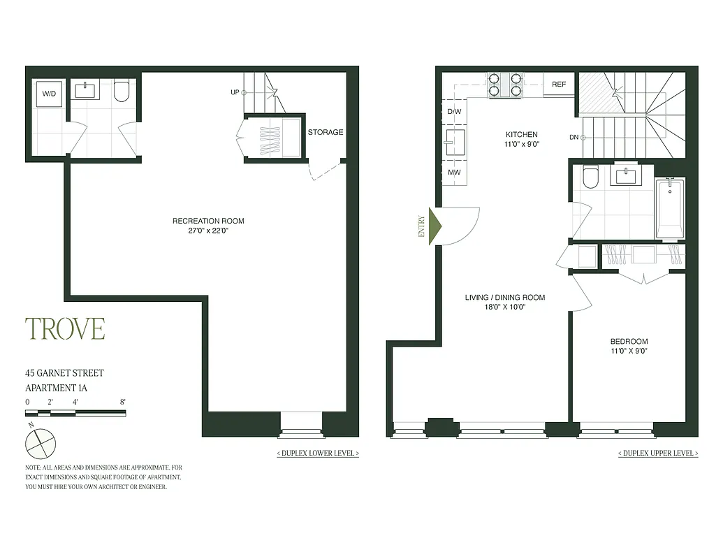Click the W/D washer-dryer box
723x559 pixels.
coord(49,93)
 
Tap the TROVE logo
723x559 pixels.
coord(65,328)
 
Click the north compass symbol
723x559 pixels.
coord(40,442)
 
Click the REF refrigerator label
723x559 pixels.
coord(559,85)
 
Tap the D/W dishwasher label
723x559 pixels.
coord(454,112)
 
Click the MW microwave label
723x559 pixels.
coord(454,173)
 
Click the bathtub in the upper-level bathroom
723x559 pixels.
coord(670,208)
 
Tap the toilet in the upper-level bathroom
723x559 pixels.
coord(590,178)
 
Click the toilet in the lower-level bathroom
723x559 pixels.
coord(122,92)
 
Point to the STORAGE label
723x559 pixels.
coord(326,132)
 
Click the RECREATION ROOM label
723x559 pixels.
coord(208,221)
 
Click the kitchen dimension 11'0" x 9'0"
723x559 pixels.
coord(522,144)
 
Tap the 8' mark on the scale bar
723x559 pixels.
coord(122,402)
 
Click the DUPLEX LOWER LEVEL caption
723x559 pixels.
coord(319,453)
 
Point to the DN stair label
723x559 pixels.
coord(574,138)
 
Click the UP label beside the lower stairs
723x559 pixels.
coord(235,92)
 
